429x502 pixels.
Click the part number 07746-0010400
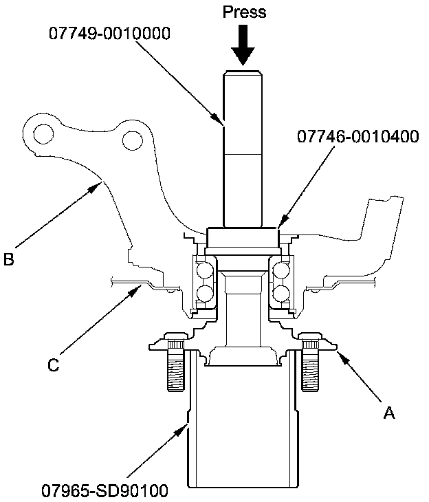click(x=357, y=136)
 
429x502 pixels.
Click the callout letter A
click(x=389, y=413)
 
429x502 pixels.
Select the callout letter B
click(x=8, y=260)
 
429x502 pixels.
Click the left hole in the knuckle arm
click(x=44, y=132)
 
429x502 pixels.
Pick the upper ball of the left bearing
click(x=205, y=270)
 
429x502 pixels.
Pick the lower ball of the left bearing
click(x=205, y=294)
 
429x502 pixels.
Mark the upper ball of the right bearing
click(x=280, y=270)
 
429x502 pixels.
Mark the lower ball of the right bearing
click(x=280, y=294)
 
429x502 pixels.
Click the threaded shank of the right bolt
click(x=311, y=373)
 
